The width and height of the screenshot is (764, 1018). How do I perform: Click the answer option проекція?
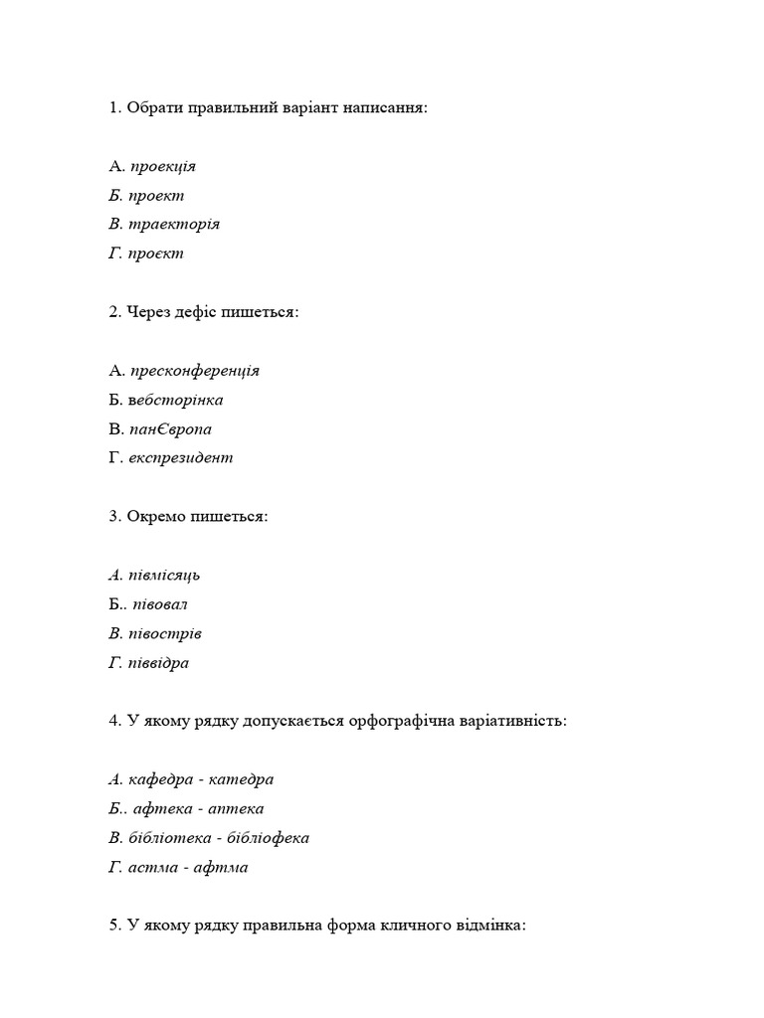[x=163, y=166]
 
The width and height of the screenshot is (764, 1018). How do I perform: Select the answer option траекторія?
[x=174, y=224]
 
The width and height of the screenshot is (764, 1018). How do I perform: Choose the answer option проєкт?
[x=156, y=254]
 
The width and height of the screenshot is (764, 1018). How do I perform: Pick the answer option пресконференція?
[x=195, y=371]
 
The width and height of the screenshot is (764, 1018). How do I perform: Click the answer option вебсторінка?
[x=175, y=400]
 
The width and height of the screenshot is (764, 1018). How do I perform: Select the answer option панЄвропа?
[x=170, y=429]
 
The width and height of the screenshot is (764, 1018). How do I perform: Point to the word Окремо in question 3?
[x=155, y=517]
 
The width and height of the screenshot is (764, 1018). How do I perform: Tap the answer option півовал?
[x=160, y=604]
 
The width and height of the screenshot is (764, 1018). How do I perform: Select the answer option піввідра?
[x=159, y=662]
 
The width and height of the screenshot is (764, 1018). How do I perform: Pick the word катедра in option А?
[x=240, y=779]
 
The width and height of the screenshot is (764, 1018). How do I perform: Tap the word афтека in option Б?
[x=159, y=809]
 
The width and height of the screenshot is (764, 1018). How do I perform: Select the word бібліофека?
[x=266, y=838]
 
